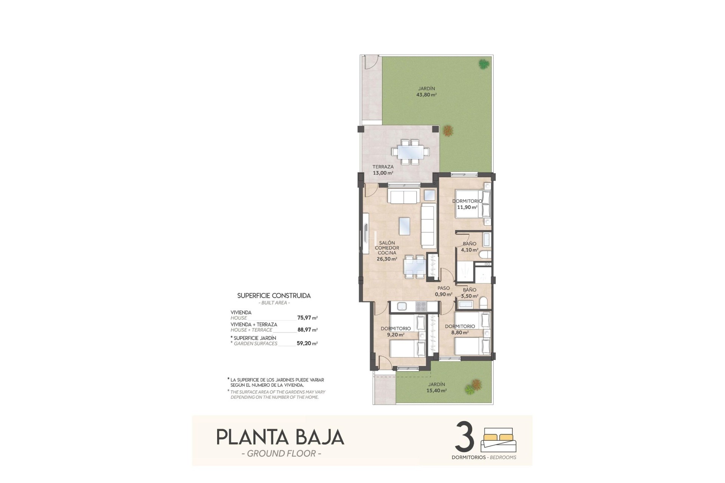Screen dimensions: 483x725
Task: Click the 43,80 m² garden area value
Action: (x=426, y=95)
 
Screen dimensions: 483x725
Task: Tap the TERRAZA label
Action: (x=383, y=167)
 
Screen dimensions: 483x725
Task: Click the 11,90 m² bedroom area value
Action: (x=467, y=207)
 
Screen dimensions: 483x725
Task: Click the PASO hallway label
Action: (x=444, y=288)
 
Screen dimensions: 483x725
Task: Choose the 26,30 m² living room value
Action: (x=387, y=259)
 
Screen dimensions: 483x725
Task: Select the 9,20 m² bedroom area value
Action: (x=395, y=335)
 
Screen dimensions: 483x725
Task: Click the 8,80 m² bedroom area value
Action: (x=460, y=333)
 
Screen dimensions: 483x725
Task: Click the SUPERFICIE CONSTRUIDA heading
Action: (x=274, y=296)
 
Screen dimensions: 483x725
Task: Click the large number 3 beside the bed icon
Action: (x=465, y=437)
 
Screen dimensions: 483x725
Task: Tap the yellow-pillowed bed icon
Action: (x=498, y=440)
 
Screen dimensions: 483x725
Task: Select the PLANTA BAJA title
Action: (x=280, y=437)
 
